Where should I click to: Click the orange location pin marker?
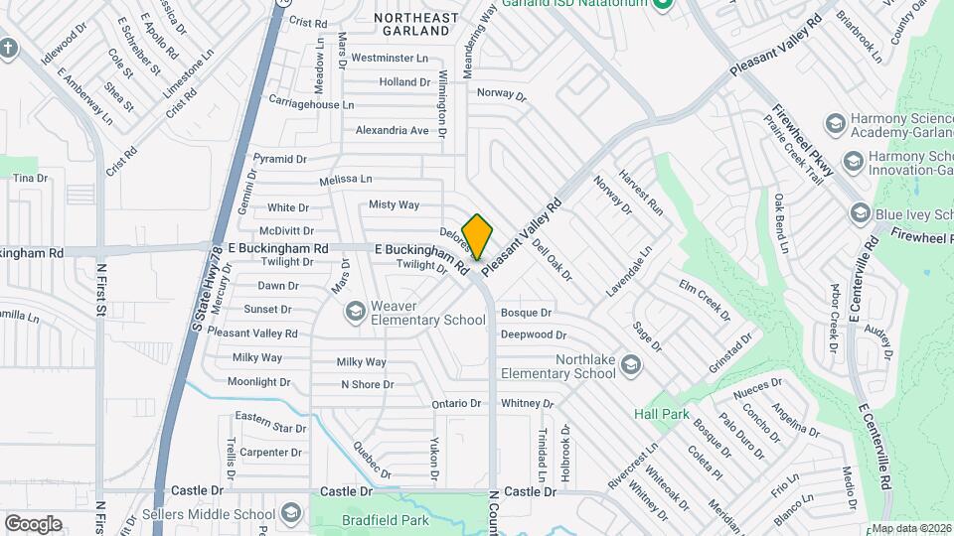[478, 236]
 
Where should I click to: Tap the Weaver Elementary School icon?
[354, 313]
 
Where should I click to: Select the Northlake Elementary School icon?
[630, 367]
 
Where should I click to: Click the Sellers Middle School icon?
[291, 513]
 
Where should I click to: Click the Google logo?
[33, 523]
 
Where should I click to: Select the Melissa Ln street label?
[346, 180]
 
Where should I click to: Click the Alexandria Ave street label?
[393, 130]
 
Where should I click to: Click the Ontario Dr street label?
[456, 404]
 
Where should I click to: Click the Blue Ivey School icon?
[861, 212]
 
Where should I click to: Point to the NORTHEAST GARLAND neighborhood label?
[416, 25]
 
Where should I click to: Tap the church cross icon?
[9, 48]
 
